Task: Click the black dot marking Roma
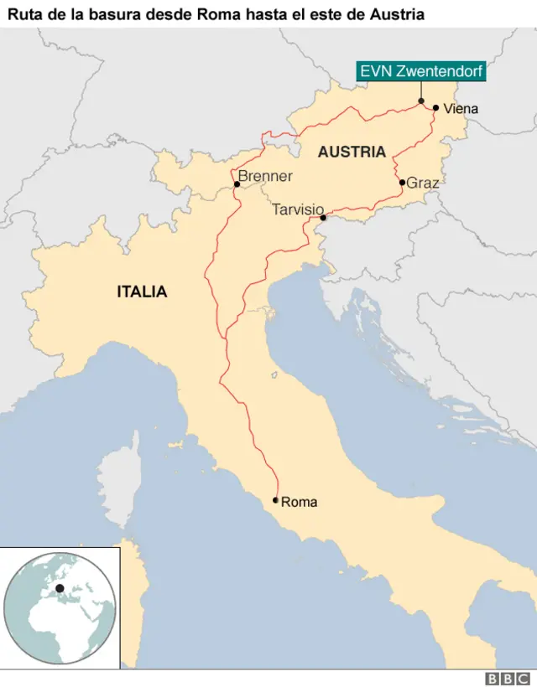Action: pyautogui.click(x=275, y=500)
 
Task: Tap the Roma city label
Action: pyautogui.click(x=299, y=502)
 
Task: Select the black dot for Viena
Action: pyautogui.click(x=435, y=107)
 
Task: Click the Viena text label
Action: pyautogui.click(x=461, y=108)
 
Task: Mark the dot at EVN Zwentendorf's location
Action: pyautogui.click(x=421, y=101)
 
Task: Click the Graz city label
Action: pyautogui.click(x=422, y=182)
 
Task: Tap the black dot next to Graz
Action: pyautogui.click(x=402, y=182)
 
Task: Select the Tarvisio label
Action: pyautogui.click(x=298, y=209)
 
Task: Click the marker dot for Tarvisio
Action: pyautogui.click(x=323, y=219)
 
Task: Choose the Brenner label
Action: pyautogui.click(x=265, y=176)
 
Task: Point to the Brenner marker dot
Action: pyautogui.click(x=237, y=185)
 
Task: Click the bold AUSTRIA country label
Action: pyautogui.click(x=352, y=152)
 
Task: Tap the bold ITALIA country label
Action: pyautogui.click(x=142, y=292)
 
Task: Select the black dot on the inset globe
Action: pyautogui.click(x=60, y=589)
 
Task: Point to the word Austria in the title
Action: pyautogui.click(x=400, y=14)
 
